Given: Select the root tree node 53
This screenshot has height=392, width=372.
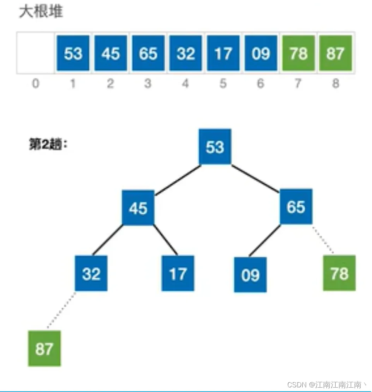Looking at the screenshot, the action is [x=215, y=147].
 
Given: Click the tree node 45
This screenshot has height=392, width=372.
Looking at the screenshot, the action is [x=138, y=208].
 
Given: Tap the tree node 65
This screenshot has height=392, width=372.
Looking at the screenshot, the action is [x=296, y=206].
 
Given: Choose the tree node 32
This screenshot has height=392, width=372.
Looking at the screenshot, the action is [x=91, y=273].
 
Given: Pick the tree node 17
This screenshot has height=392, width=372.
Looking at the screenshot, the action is [x=178, y=273].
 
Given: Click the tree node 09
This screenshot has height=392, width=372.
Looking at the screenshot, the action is [x=250, y=274].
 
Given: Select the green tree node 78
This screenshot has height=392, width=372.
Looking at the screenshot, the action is [x=339, y=273].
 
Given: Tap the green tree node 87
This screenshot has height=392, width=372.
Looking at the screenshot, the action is [x=44, y=349].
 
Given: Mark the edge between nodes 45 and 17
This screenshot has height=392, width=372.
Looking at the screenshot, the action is [x=166, y=240].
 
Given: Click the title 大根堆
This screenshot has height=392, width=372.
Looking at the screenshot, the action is [x=41, y=12].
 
